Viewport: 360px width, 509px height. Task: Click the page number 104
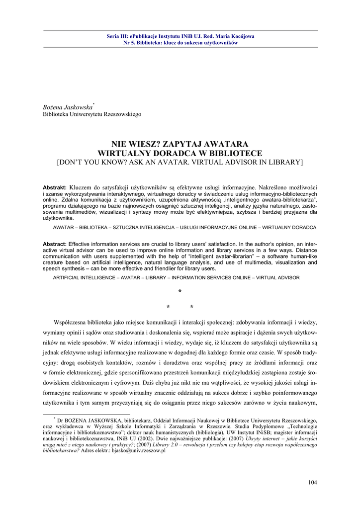click(313, 482)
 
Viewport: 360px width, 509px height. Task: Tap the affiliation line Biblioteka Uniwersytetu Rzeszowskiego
click(92, 114)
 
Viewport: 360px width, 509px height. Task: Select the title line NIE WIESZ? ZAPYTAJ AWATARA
click(180, 145)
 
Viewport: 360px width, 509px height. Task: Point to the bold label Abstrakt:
click(55, 187)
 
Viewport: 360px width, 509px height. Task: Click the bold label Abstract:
click(55, 244)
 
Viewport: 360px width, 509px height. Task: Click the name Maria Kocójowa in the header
click(234, 36)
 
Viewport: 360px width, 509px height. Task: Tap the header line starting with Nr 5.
click(180, 43)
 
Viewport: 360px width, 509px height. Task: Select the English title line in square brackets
click(180, 162)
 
